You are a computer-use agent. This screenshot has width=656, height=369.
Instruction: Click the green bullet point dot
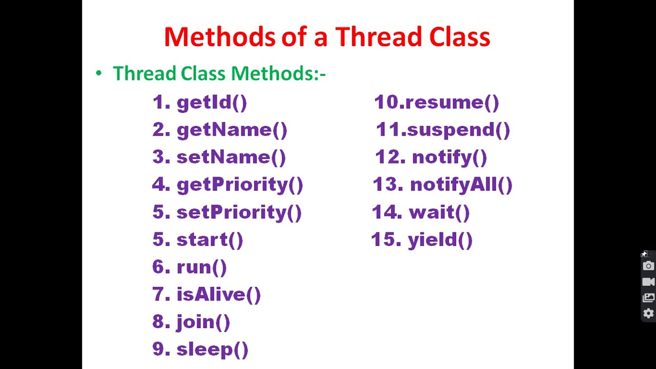[99, 73]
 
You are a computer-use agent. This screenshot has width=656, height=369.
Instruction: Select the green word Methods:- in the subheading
[278, 74]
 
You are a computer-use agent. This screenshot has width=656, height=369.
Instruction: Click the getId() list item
[211, 102]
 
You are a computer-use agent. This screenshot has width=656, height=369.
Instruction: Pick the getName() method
[232, 130]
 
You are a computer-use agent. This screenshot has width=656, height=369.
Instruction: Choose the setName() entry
[231, 157]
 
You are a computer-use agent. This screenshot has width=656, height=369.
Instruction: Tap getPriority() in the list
[239, 185]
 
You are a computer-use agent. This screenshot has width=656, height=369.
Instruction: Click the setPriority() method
[239, 213]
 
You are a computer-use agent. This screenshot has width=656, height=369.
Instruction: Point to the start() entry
[210, 240]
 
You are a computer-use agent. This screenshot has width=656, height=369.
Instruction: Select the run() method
[201, 268]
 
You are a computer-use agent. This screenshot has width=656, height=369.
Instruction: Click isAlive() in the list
[218, 295]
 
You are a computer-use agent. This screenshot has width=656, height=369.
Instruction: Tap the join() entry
[203, 322]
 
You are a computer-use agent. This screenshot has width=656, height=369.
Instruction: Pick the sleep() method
[212, 350]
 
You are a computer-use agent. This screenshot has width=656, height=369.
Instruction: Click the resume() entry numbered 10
[451, 102]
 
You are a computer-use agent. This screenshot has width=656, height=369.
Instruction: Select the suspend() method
[458, 130]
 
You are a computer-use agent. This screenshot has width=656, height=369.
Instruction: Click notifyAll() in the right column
[461, 185]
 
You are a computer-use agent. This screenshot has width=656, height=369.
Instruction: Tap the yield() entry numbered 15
[440, 240]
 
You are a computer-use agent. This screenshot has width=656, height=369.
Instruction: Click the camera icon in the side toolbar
[648, 266]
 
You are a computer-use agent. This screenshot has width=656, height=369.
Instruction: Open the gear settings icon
[648, 313]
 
